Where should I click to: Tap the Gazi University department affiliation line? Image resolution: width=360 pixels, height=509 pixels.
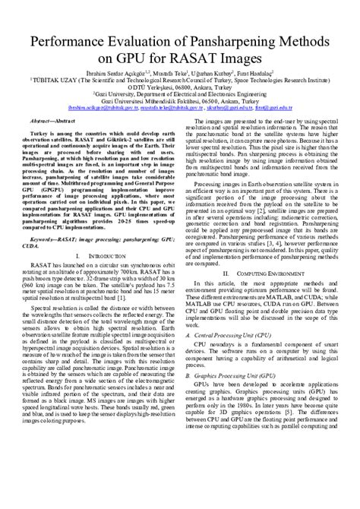(179, 93)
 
